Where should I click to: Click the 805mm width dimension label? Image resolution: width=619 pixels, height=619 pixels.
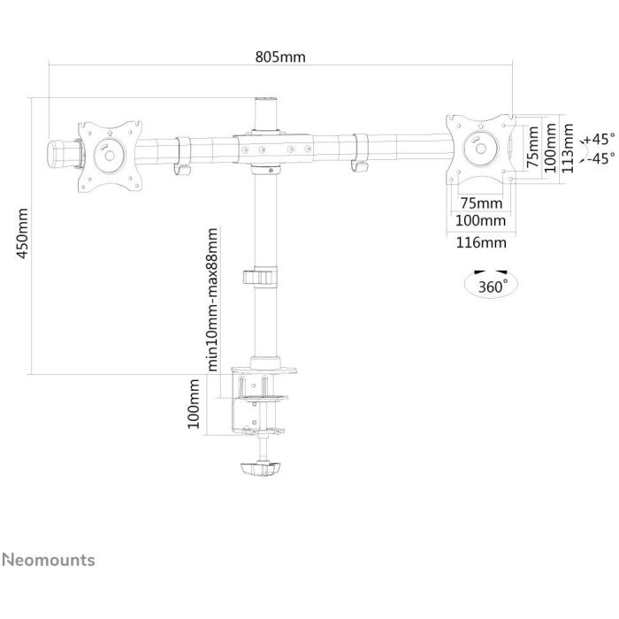point(280,57)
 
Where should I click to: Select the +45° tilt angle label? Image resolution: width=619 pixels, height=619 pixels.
point(600,139)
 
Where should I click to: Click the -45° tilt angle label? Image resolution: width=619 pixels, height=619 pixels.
point(600,158)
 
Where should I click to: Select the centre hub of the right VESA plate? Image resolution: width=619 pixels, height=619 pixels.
point(484,147)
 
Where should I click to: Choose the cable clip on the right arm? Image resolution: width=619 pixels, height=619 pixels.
point(360,152)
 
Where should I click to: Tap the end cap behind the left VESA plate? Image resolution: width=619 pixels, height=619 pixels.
point(60,150)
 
